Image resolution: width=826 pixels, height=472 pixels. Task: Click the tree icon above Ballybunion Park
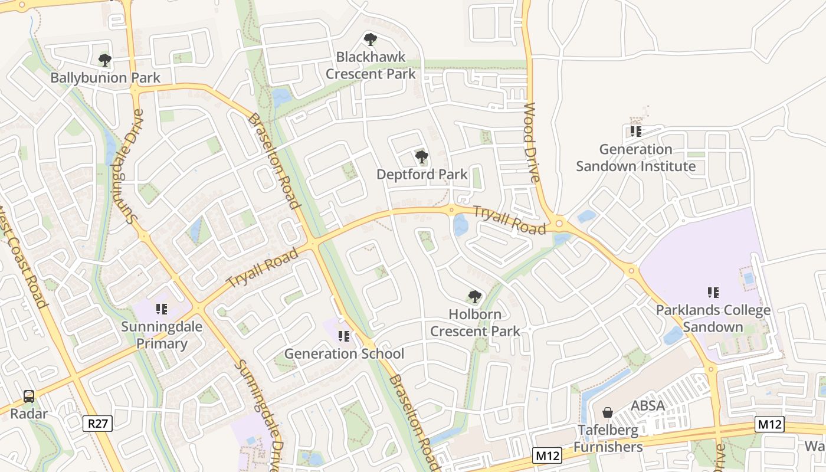click(105, 60)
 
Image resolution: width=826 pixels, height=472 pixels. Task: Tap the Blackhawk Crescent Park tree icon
click(371, 40)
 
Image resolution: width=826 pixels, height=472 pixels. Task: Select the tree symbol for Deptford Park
click(421, 156)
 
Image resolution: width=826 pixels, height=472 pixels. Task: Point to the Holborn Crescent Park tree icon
click(474, 296)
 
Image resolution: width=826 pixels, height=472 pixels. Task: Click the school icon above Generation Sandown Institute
click(635, 131)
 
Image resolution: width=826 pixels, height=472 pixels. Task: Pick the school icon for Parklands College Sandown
click(713, 292)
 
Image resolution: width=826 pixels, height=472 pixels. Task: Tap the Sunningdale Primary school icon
click(162, 309)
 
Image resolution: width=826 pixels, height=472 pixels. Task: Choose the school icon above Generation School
click(344, 336)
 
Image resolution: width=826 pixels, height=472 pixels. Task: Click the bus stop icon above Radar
click(28, 396)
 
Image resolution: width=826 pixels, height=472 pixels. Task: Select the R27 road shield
click(97, 422)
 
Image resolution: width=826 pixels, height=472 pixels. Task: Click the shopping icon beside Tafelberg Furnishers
click(608, 412)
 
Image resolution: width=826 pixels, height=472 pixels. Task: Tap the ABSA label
click(648, 406)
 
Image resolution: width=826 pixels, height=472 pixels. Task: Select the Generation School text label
click(344, 353)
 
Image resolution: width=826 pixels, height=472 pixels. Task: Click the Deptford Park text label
click(421, 174)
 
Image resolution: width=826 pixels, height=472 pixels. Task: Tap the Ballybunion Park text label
click(105, 78)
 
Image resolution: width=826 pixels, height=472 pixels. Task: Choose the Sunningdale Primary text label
click(162, 335)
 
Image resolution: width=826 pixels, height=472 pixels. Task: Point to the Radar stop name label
click(28, 414)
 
